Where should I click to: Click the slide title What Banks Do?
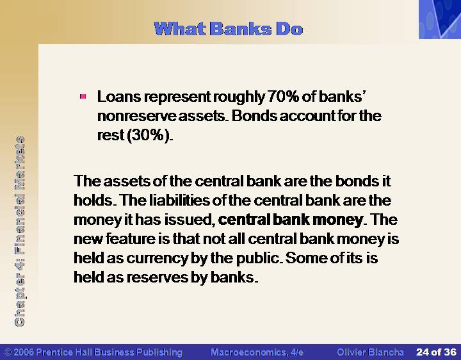tap(228, 29)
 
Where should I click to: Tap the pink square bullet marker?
tap(83, 97)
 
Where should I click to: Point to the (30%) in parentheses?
tap(149, 135)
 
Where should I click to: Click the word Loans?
tap(119, 97)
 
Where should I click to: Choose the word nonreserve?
tap(136, 116)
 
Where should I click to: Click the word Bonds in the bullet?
tap(254, 116)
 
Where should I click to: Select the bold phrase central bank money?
tap(291, 220)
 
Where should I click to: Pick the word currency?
tap(157, 258)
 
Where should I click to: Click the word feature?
tap(130, 239)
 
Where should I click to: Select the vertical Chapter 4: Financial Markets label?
tap(20, 231)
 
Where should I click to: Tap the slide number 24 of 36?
tap(436, 352)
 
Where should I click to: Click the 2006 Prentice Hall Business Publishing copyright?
tap(93, 352)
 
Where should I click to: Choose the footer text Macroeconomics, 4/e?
tap(257, 352)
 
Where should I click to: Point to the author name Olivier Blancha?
tap(370, 352)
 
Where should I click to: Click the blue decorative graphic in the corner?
tap(440, 19)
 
